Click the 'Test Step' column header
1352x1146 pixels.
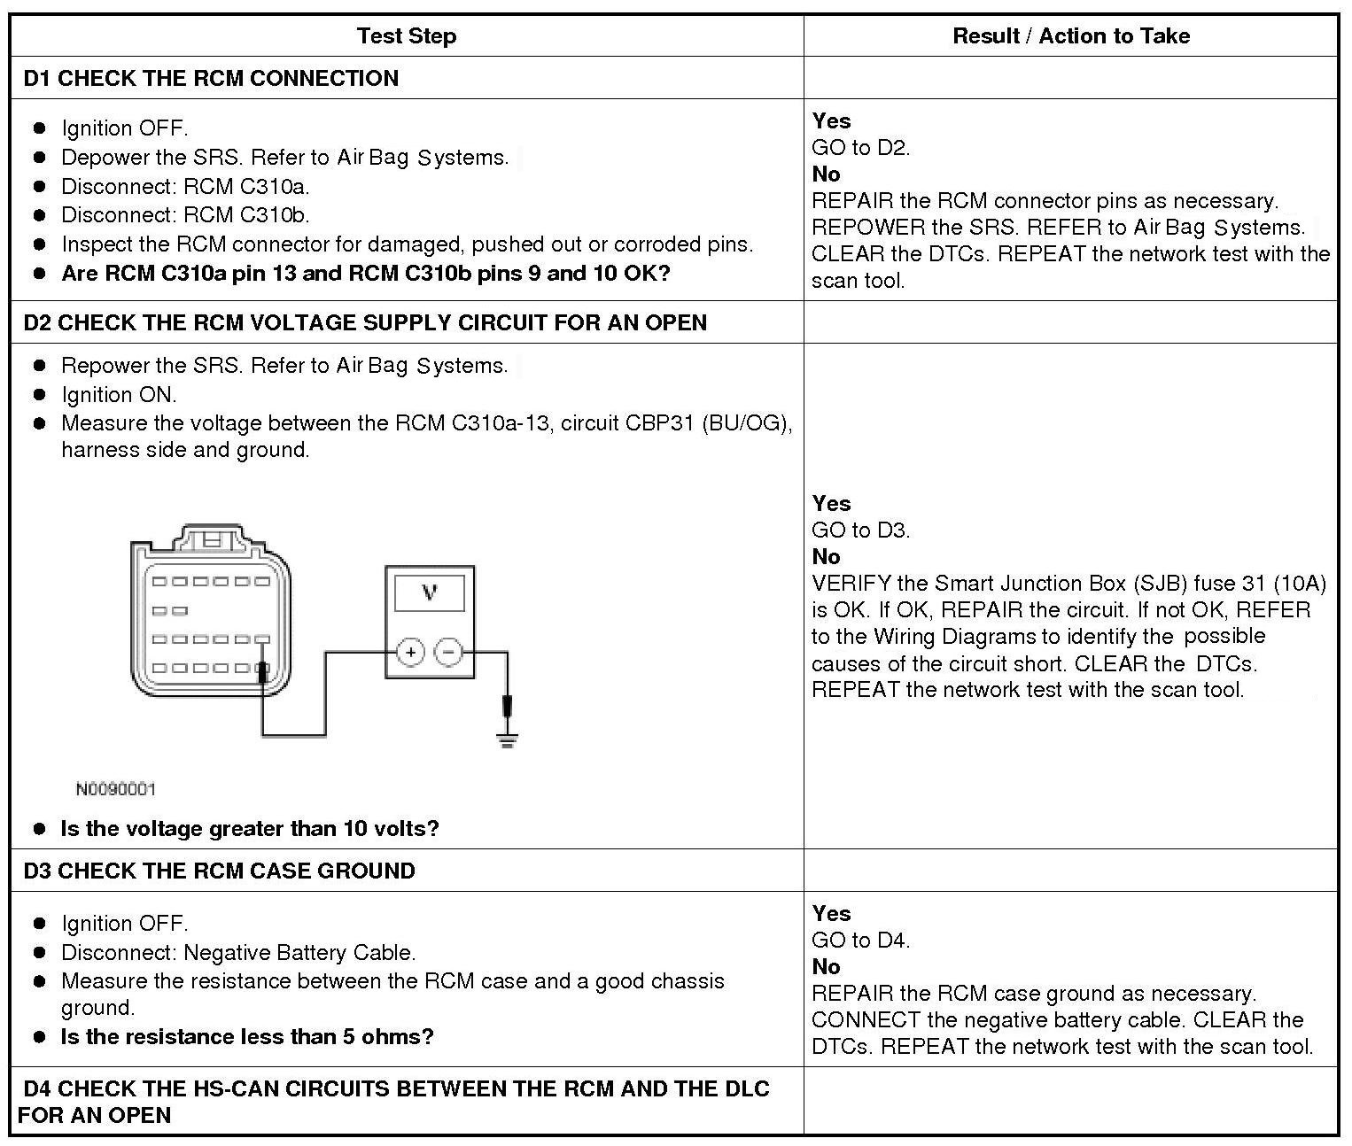(x=406, y=36)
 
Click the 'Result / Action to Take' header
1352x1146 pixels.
(x=1070, y=36)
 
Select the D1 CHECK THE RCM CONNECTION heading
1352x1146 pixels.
(x=211, y=78)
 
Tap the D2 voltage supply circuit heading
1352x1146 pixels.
(x=365, y=322)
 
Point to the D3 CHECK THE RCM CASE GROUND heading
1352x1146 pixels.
(x=219, y=871)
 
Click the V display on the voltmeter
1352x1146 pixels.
(x=430, y=592)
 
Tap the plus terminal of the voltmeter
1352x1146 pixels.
(x=410, y=653)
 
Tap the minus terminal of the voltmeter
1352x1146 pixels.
(x=449, y=653)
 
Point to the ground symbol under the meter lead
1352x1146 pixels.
(x=507, y=740)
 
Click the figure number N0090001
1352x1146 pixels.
(x=115, y=789)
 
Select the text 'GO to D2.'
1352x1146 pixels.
(x=860, y=148)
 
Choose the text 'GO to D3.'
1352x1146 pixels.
(x=860, y=530)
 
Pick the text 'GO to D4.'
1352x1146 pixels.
(x=860, y=941)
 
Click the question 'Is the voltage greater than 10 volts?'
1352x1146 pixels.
(x=249, y=829)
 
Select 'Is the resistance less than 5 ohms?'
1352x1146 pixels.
(x=246, y=1037)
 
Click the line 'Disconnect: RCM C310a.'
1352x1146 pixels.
(x=185, y=186)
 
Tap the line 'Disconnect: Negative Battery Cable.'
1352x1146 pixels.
(x=238, y=953)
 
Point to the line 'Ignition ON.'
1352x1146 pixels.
(x=119, y=394)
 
